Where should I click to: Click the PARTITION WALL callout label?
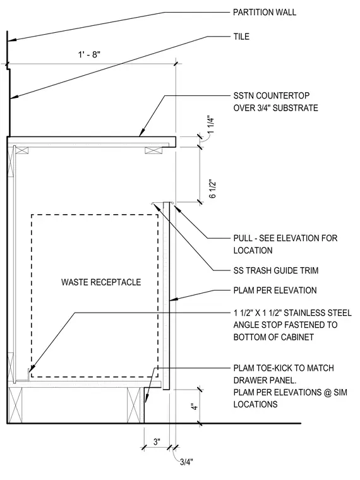(265, 12)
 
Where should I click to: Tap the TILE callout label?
(241, 37)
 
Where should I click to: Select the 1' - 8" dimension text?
(89, 55)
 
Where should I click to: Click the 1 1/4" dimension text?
(212, 124)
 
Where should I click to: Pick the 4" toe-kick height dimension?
(195, 407)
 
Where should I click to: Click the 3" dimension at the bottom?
(157, 441)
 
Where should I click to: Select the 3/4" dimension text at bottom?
(186, 462)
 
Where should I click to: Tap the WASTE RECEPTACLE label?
(101, 282)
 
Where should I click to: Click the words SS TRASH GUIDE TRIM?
(276, 270)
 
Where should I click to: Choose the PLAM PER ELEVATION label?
(275, 290)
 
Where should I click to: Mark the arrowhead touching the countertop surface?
(141, 133)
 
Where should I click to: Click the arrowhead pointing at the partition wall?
(11, 40)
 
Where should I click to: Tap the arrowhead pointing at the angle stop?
(32, 370)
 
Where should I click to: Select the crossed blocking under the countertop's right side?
(153, 150)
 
